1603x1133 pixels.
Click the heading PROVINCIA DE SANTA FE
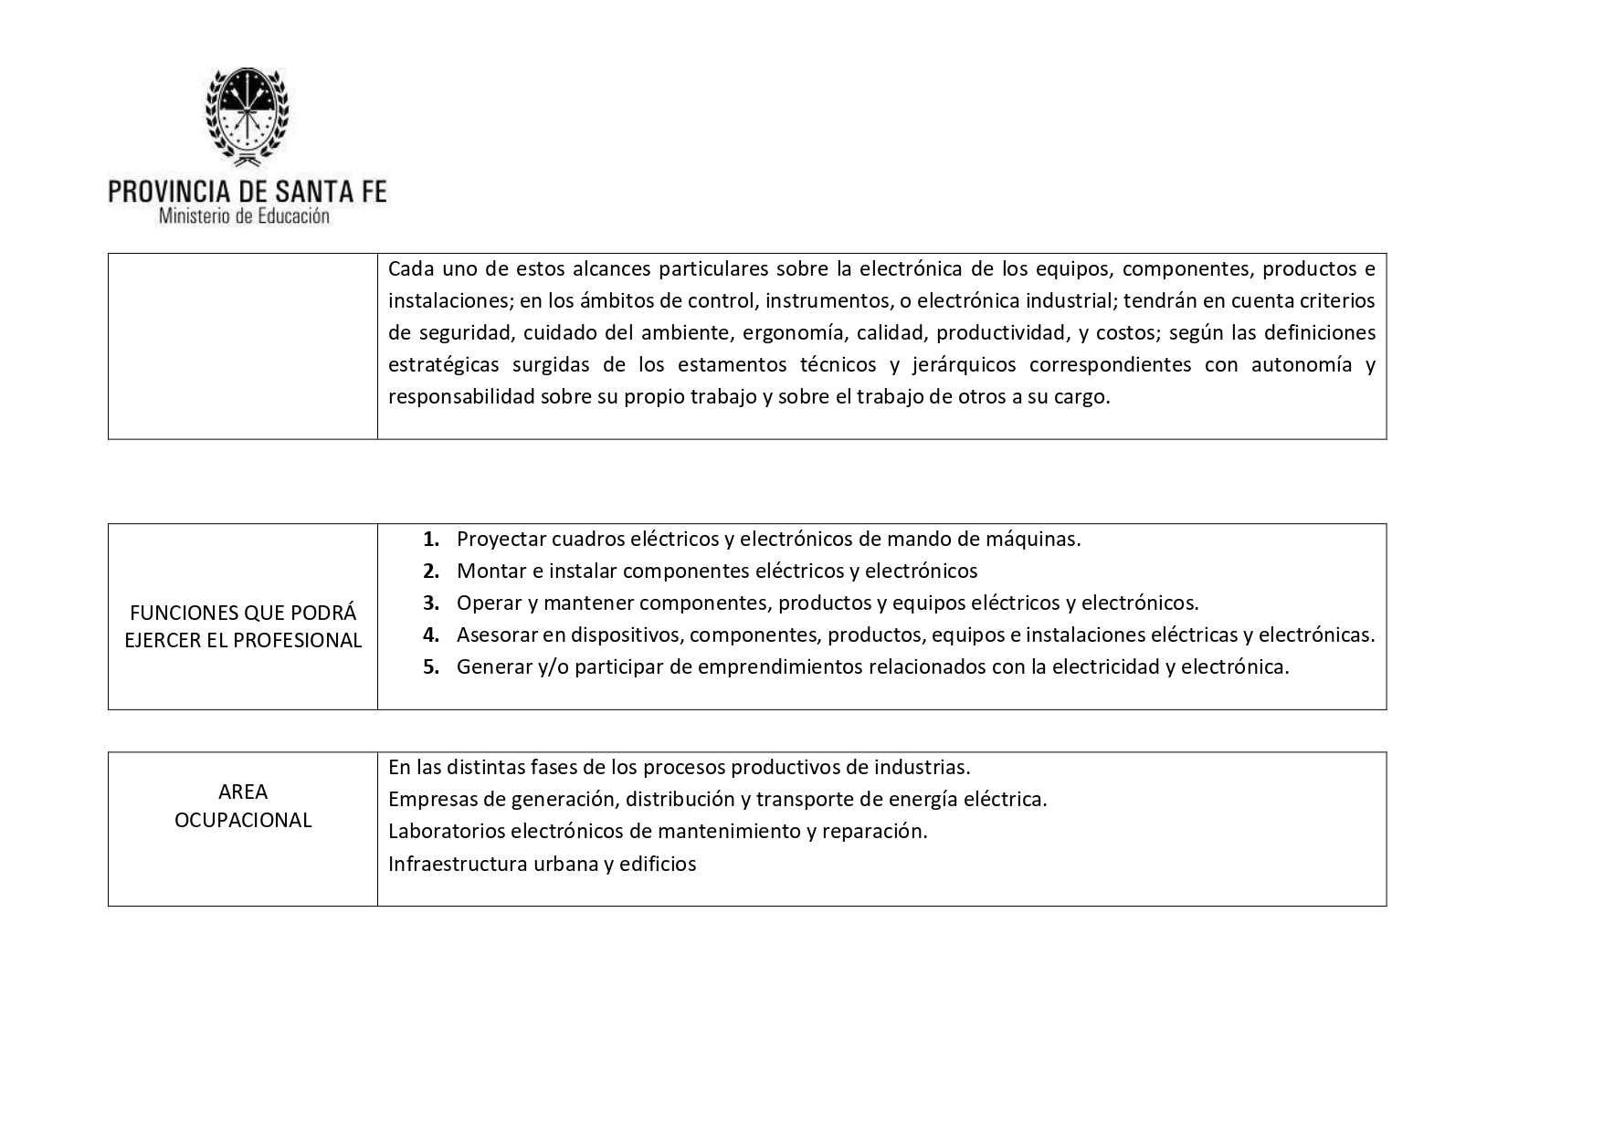247,191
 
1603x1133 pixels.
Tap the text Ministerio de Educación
244,216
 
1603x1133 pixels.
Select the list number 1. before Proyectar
431,539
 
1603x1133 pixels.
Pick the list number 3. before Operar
431,603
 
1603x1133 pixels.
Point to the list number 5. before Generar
431,666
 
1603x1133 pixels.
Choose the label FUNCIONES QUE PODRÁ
243,613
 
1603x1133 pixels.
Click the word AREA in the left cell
243,792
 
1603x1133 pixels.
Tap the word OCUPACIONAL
243,820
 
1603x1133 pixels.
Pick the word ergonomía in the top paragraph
811,332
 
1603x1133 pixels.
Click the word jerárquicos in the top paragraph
965,364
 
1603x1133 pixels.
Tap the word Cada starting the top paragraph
409,268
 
